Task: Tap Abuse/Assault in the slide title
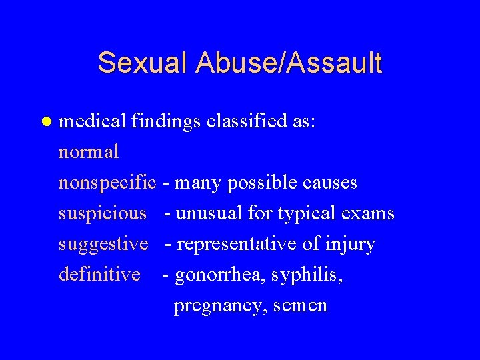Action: (x=289, y=63)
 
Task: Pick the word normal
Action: (x=89, y=152)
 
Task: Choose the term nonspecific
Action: (x=107, y=183)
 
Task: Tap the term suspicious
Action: (x=102, y=213)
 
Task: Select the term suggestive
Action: (x=103, y=245)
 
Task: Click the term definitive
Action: (x=99, y=274)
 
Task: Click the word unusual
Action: (x=209, y=213)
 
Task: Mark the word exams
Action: (x=368, y=213)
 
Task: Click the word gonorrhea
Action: (x=219, y=275)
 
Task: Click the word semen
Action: (x=300, y=306)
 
